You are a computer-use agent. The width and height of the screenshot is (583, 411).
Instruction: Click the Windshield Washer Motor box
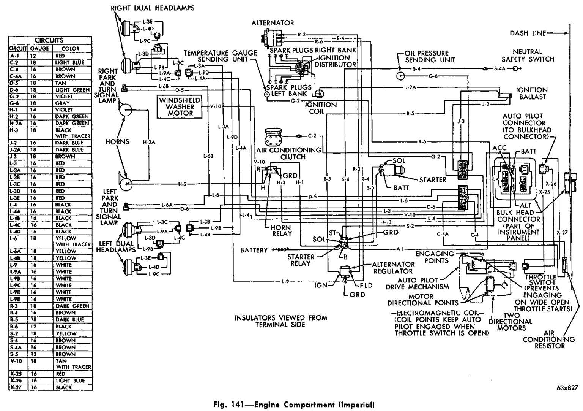point(180,106)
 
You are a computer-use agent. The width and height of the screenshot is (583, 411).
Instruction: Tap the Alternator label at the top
point(273,23)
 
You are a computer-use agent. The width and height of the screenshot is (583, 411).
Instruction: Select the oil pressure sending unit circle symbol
point(400,76)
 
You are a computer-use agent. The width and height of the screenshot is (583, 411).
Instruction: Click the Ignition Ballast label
point(531,93)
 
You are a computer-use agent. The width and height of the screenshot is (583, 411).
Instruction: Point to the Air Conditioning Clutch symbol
point(273,136)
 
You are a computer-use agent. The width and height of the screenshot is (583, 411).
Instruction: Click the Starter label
point(432,179)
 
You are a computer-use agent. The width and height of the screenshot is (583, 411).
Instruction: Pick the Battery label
point(254,250)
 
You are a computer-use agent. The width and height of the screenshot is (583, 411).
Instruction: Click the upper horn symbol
point(125,110)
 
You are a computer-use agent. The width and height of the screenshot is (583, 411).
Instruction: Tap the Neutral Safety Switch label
point(528,55)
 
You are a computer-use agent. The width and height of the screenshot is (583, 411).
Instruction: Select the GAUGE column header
point(39,48)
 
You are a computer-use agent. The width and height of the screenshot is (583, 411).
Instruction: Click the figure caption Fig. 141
point(292,404)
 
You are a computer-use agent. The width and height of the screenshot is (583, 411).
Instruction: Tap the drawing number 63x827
point(567,388)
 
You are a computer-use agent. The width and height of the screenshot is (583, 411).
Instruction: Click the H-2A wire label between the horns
point(149,142)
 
